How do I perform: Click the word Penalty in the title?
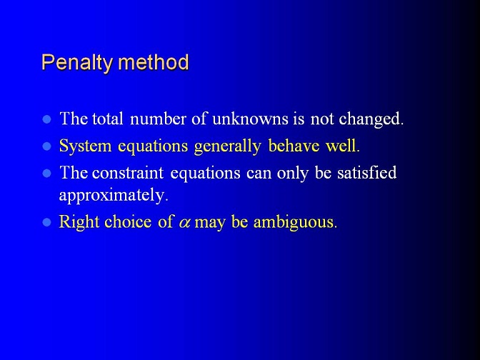pyautogui.click(x=77, y=64)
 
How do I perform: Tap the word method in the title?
pyautogui.click(x=154, y=62)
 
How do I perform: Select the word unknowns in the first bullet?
pyautogui.click(x=250, y=119)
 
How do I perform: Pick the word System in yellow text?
pyautogui.click(x=85, y=146)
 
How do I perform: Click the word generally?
pyautogui.click(x=227, y=146)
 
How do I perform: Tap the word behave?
pyautogui.click(x=294, y=146)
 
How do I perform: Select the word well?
pyautogui.click(x=341, y=146)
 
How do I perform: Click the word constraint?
pyautogui.click(x=128, y=173)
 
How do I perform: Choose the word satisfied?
pyautogui.click(x=366, y=173)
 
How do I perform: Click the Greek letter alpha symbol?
pyautogui.click(x=184, y=223)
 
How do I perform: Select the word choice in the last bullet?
pyautogui.click(x=128, y=221)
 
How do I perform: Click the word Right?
pyautogui.click(x=79, y=221)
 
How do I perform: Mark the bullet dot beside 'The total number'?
pyautogui.click(x=47, y=119)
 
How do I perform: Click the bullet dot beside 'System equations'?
pyautogui.click(x=47, y=146)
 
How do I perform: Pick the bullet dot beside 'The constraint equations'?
pyautogui.click(x=47, y=174)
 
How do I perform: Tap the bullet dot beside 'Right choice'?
pyautogui.click(x=47, y=222)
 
